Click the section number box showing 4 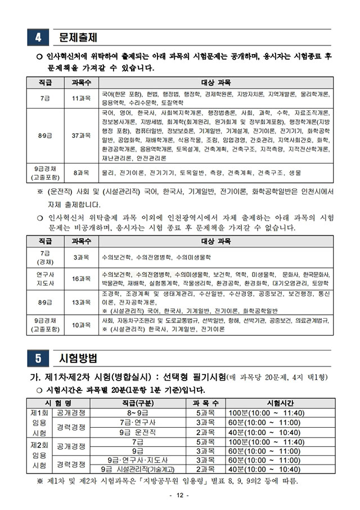coord(38,38)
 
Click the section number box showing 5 coord(38,358)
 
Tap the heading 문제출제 coord(78,38)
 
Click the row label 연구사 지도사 coord(45,279)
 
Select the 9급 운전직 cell coord(138,432)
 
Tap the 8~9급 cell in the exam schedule coord(138,413)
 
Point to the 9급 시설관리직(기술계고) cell coord(138,469)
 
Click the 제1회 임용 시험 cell coord(38,422)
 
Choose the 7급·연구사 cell coord(138,422)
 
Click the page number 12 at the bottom coord(179,495)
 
